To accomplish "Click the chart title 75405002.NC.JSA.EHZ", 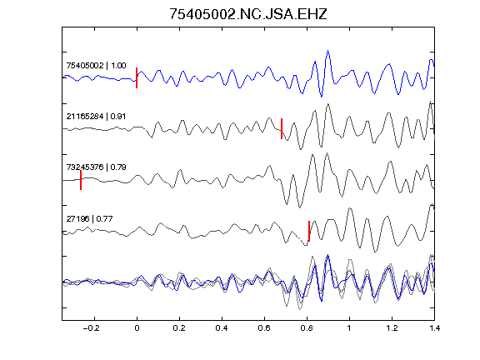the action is [248, 14].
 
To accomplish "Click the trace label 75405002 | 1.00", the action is [96, 66].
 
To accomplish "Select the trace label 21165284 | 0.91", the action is [96, 117].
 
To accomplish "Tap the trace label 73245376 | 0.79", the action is [96, 167].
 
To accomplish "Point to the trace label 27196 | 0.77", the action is [89, 218].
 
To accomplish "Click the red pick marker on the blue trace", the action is [137, 77].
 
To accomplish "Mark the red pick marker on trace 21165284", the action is [282, 128].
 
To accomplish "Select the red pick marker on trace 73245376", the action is [81, 180].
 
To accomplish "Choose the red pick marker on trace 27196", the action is [309, 231].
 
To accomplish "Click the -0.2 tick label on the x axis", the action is [92, 328].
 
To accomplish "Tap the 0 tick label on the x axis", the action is [137, 328].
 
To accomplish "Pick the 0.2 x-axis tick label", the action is [179, 328].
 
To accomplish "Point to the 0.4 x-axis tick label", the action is [222, 328].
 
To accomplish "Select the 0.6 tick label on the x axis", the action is [264, 328].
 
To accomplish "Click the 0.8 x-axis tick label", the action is [307, 328].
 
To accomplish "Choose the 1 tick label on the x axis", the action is [349, 328].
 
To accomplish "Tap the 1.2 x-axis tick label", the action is [392, 328].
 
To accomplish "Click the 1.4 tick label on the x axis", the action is [434, 328].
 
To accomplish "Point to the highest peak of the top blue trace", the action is [327, 51].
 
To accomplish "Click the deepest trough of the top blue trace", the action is [321, 97].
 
